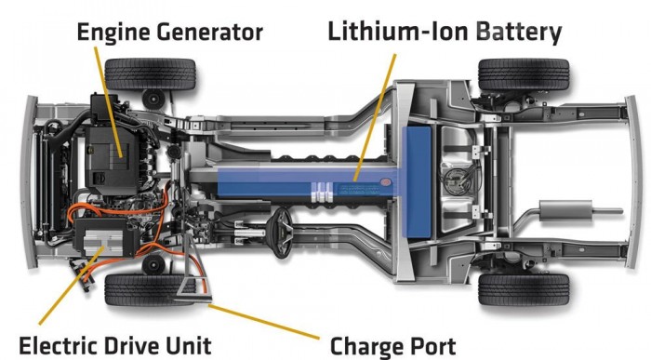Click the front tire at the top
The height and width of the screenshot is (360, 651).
pyautogui.click(x=149, y=73)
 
